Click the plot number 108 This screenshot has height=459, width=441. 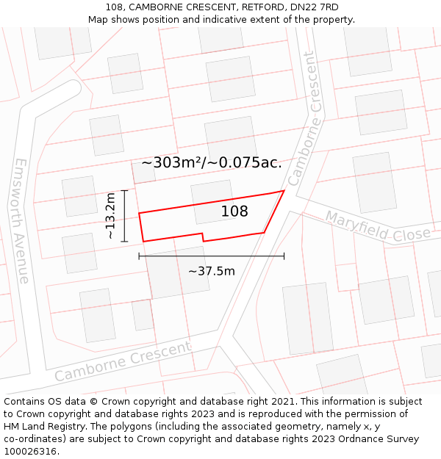pyautogui.click(x=234, y=212)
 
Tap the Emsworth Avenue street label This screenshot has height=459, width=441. pyautogui.click(x=21, y=221)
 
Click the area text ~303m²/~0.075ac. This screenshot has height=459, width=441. pyautogui.click(x=212, y=163)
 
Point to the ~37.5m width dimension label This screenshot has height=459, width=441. pyautogui.click(x=212, y=271)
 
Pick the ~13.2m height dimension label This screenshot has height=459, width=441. pyautogui.click(x=110, y=216)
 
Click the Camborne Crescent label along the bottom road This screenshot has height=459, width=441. pyautogui.click(x=123, y=361)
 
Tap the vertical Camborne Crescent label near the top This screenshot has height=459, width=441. pyautogui.click(x=306, y=118)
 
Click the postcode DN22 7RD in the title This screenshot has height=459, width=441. pyautogui.click(x=314, y=7)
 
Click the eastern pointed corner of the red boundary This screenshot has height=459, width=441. pyautogui.click(x=284, y=191)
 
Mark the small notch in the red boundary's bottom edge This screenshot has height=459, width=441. pyautogui.click(x=204, y=236)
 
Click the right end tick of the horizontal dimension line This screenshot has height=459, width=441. pyautogui.click(x=284, y=256)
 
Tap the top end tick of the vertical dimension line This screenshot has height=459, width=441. pyautogui.click(x=125, y=190)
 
